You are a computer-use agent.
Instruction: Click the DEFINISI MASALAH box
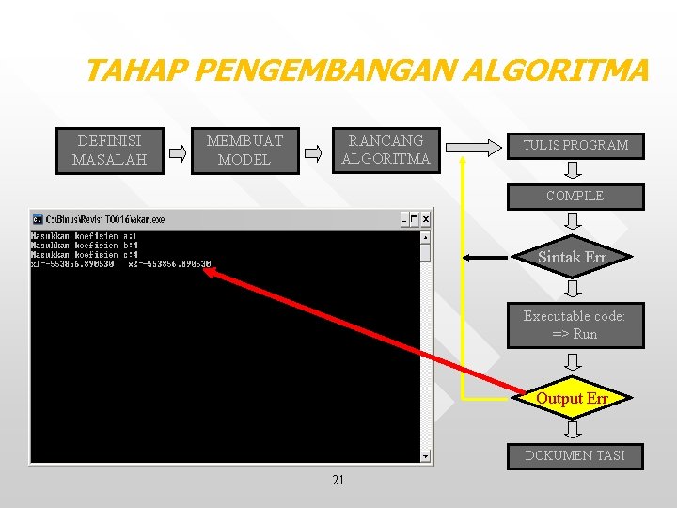pos(109,151)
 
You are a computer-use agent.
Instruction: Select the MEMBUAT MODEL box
pos(244,151)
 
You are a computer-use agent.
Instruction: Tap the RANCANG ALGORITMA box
pos(385,151)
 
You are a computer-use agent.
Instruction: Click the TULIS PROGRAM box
pos(575,146)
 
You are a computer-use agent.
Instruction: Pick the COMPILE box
pos(575,197)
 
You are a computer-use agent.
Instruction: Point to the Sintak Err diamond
pos(572,257)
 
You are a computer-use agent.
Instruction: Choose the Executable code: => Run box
pos(575,325)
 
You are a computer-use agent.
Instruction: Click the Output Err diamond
pos(572,398)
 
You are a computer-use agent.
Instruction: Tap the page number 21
pos(338,481)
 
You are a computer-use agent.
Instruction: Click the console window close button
pos(425,219)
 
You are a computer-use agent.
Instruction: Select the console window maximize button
pos(414,219)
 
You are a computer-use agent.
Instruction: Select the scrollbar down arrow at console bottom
pos(425,456)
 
